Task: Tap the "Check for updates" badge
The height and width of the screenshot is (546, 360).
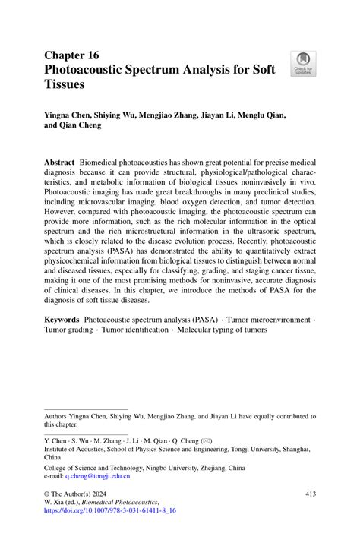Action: click(x=303, y=63)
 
